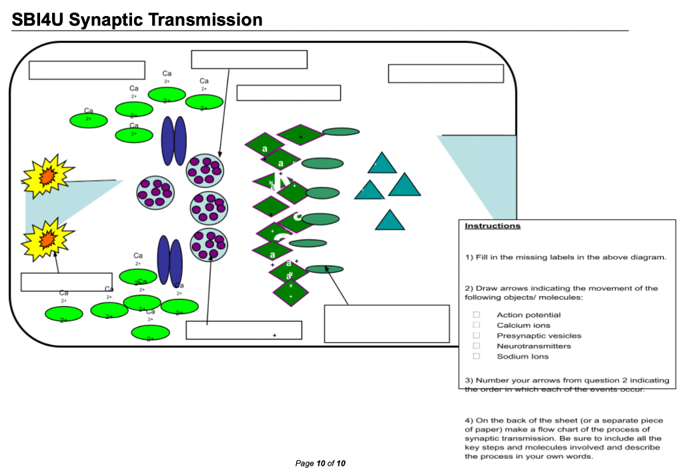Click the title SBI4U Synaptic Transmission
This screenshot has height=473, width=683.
click(137, 20)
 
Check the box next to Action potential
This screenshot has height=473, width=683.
click(476, 315)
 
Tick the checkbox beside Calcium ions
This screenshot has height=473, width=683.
click(476, 325)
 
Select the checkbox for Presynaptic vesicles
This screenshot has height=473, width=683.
click(476, 336)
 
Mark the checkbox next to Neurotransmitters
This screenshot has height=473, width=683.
click(476, 346)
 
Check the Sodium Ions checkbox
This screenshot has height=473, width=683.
click(476, 356)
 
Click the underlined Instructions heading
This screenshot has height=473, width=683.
click(492, 226)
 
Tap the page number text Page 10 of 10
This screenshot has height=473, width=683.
click(320, 463)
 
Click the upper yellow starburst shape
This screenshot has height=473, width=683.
click(47, 175)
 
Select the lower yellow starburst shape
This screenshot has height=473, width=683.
click(47, 238)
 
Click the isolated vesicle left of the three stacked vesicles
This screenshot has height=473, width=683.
click(155, 193)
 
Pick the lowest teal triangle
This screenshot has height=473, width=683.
click(390, 221)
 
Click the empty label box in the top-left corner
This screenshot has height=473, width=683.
click(87, 70)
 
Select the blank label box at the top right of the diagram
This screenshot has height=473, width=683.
click(446, 73)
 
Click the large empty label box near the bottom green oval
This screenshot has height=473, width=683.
click(386, 324)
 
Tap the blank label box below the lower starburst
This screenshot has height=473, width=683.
click(66, 282)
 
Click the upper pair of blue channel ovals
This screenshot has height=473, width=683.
click(173, 141)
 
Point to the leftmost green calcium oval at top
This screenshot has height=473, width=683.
click(88, 120)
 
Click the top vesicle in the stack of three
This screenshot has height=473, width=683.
click(205, 170)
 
